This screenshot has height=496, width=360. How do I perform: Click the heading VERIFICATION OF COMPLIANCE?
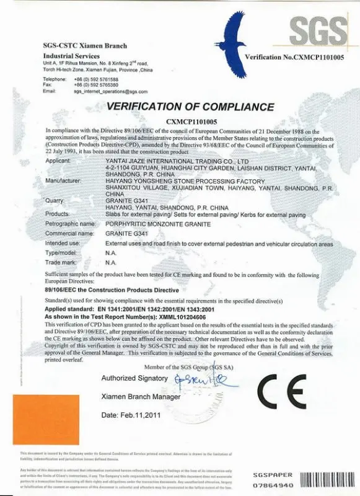point(190,106)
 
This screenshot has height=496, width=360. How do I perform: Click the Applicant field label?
point(59,161)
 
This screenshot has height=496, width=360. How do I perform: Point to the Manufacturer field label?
point(64,180)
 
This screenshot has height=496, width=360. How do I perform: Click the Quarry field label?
point(55,200)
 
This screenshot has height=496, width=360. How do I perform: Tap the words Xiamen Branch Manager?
point(140,396)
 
